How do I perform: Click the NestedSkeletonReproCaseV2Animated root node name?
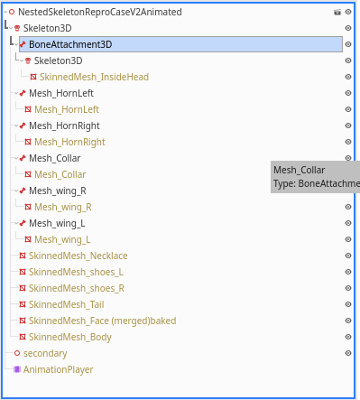(x=99, y=12)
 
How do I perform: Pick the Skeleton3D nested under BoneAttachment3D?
(x=64, y=60)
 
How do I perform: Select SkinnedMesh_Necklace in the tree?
(x=78, y=256)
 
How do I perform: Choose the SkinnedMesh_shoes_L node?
(x=76, y=272)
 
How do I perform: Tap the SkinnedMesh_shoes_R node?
(x=76, y=288)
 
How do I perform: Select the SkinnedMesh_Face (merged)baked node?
(x=102, y=321)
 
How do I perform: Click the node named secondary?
(x=45, y=353)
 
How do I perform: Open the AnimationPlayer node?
(x=58, y=369)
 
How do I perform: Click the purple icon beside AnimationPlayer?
(x=16, y=369)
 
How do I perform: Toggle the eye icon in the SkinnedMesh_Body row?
(x=347, y=337)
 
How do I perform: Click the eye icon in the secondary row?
(x=347, y=353)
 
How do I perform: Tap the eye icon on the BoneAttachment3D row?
(x=347, y=44)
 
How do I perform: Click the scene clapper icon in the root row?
(x=337, y=12)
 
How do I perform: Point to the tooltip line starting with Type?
(x=315, y=183)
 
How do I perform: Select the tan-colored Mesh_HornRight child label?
(x=70, y=142)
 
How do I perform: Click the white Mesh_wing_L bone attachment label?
(x=57, y=223)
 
